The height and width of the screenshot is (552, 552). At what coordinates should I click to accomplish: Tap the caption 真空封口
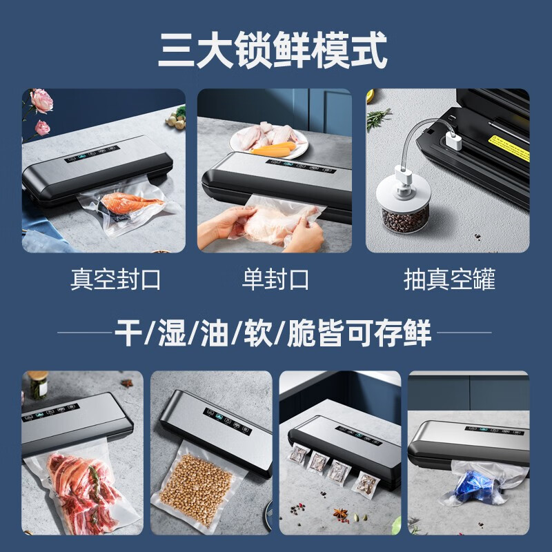(115, 279)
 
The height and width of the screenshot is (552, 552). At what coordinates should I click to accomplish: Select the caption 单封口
(275, 279)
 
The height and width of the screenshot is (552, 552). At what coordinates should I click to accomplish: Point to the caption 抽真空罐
(449, 279)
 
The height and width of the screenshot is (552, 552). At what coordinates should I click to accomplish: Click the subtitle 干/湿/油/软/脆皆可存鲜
(275, 334)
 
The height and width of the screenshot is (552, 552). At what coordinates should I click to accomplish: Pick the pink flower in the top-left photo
(41, 101)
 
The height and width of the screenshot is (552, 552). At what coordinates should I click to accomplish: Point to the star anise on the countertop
(339, 513)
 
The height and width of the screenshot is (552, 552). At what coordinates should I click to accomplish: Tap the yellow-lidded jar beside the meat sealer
(37, 386)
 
